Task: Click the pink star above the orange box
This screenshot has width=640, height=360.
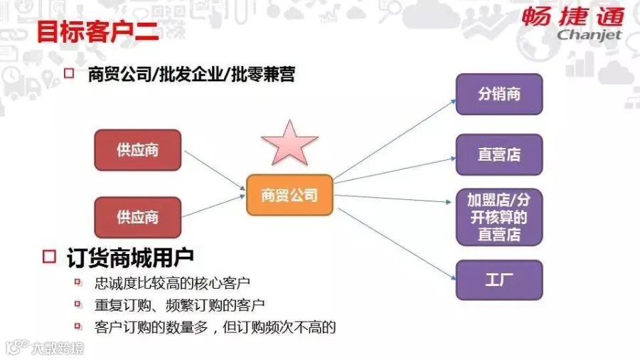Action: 289,144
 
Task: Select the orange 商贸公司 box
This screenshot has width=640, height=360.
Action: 289,195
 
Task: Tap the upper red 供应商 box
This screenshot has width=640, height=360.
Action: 137,150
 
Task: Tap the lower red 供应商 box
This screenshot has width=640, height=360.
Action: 137,217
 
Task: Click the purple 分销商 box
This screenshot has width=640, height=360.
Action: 499,95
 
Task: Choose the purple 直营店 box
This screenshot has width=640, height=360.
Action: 499,154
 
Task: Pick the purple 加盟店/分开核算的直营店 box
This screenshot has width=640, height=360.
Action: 499,217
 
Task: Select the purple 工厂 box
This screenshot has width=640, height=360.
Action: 499,280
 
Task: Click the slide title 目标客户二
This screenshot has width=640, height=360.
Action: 97,31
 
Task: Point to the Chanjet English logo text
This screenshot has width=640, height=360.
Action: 590,35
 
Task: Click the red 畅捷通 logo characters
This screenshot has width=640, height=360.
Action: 572,17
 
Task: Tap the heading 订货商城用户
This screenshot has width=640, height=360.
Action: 130,258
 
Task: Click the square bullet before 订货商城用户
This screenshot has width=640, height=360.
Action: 49,256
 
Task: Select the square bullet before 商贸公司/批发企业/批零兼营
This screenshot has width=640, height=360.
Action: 69,73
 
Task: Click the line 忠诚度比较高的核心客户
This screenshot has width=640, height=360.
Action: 172,283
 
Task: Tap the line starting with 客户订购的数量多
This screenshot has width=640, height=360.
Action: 215,327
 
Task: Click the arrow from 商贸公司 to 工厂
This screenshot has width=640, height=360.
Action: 397,243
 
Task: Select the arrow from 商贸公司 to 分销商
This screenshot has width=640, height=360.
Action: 395,139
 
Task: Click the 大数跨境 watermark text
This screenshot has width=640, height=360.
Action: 58,348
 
